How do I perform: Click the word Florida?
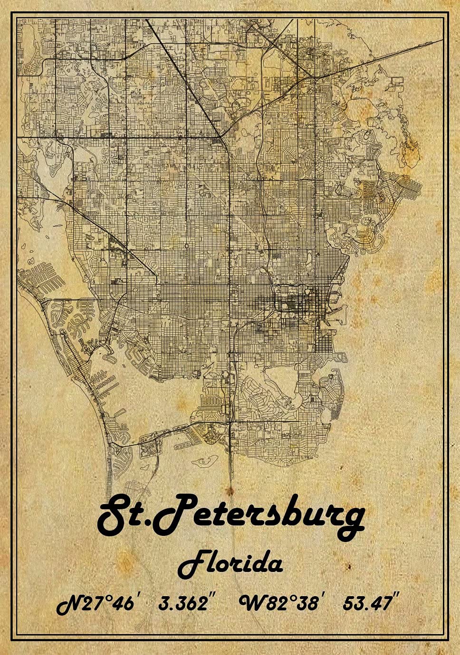(x=230, y=564)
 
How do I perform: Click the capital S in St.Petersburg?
(x=114, y=515)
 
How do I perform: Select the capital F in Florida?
(x=191, y=564)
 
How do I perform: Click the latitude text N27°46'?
(x=97, y=604)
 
